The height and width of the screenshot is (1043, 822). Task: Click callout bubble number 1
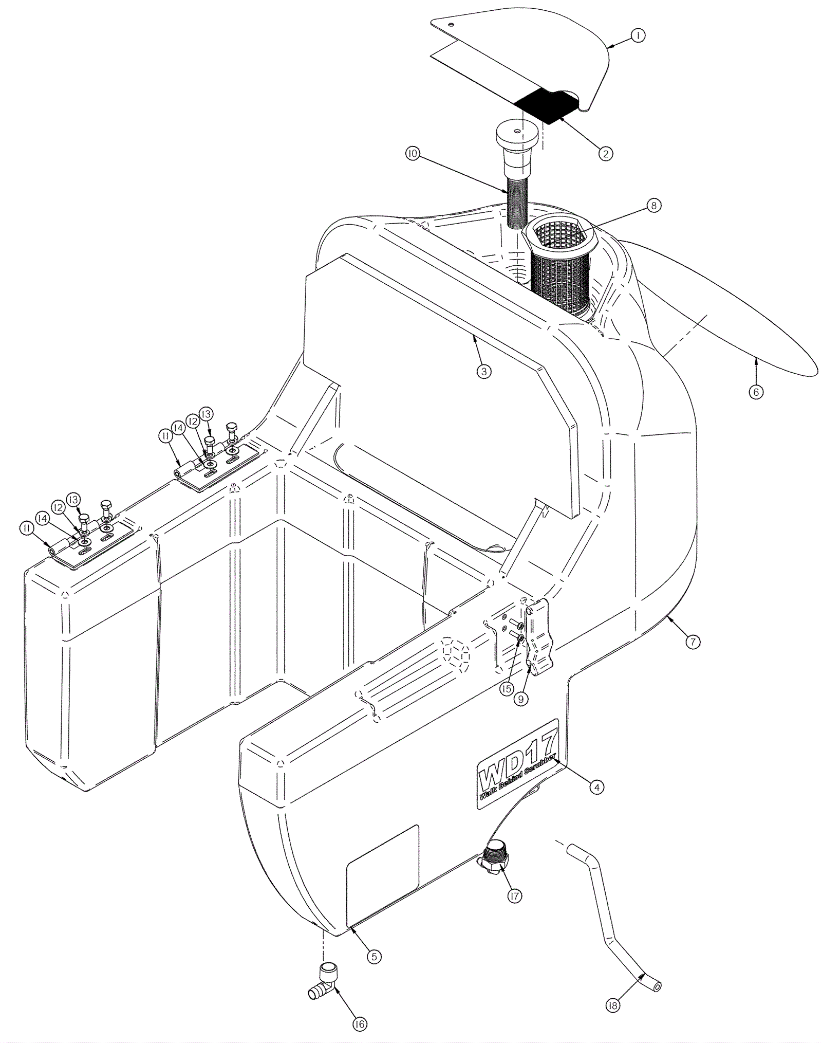(x=638, y=35)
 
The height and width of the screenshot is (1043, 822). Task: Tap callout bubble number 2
(x=606, y=153)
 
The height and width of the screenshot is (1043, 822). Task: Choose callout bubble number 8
(x=652, y=205)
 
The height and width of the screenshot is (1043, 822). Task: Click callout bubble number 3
(x=483, y=371)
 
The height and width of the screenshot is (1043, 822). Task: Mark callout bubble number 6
(x=755, y=391)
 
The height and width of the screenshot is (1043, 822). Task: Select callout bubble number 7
(x=693, y=641)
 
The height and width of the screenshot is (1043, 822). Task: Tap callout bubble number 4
(x=595, y=801)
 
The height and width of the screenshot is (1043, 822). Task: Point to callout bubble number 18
(x=612, y=1004)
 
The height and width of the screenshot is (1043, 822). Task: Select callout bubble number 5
(x=373, y=956)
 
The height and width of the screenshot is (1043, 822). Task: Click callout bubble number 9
(x=521, y=700)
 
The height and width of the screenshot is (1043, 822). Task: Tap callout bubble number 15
(x=507, y=688)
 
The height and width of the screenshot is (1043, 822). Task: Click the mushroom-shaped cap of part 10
(x=517, y=135)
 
